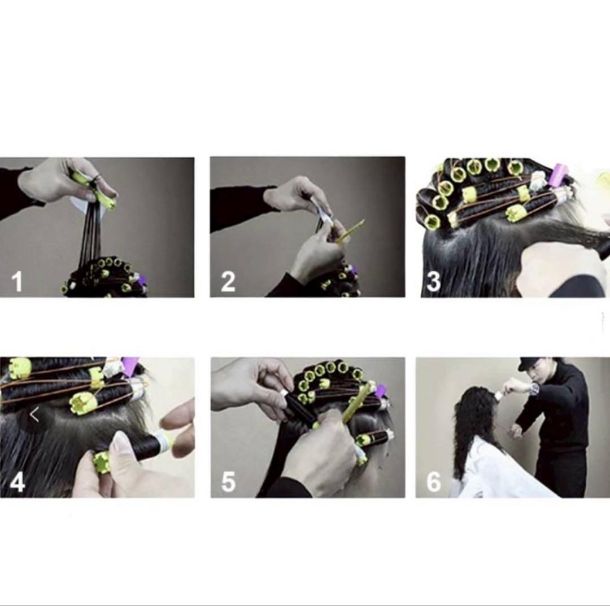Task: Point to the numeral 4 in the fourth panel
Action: coord(18,482)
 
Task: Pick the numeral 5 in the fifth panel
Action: coord(228,482)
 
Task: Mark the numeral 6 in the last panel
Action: coord(434,482)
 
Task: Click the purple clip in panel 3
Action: coord(559,176)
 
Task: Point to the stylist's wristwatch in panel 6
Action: coord(535,388)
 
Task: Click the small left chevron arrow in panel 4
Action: coord(34,415)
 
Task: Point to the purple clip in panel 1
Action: coord(142,280)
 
